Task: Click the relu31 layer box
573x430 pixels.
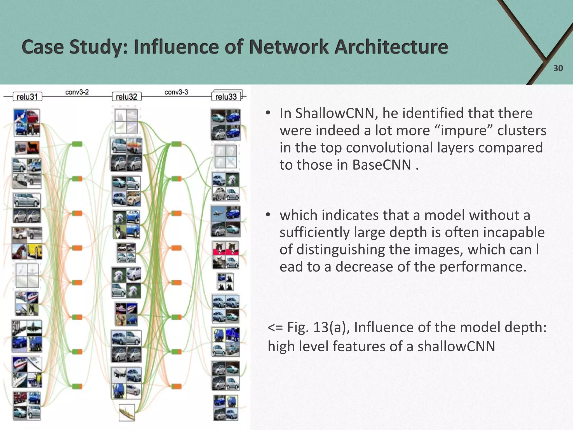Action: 27,97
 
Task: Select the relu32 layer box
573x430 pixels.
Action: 126,97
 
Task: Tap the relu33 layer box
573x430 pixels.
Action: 226,97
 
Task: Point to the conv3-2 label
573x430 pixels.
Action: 77,92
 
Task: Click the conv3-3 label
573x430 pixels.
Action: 176,92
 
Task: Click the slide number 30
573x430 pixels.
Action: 558,68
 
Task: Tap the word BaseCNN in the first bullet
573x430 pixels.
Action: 382,165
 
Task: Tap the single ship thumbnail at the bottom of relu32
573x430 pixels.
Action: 126,412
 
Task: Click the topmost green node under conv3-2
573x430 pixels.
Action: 77,144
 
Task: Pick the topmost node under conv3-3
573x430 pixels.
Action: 176,144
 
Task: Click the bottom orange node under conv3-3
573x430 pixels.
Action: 176,387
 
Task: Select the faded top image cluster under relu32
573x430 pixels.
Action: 126,121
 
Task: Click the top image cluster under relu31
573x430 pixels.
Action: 27,123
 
